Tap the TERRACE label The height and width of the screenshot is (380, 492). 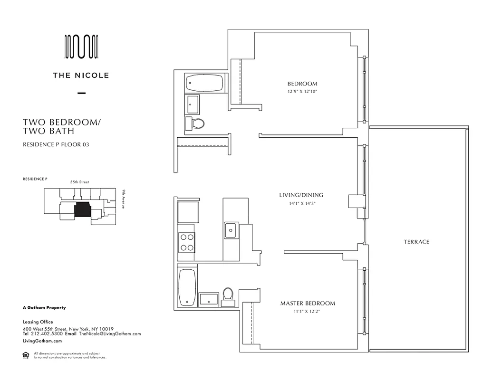[x=416, y=242]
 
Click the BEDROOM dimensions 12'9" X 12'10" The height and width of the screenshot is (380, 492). [x=302, y=91]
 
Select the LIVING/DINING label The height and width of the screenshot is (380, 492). [x=301, y=195]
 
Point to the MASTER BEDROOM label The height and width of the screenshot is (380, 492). [x=307, y=303]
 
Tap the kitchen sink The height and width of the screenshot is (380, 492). [x=231, y=230]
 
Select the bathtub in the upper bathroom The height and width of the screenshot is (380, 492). [x=203, y=83]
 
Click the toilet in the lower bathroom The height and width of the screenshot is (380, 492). [x=228, y=294]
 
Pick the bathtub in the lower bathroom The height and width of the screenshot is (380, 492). [x=187, y=287]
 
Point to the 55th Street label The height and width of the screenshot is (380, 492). [x=80, y=182]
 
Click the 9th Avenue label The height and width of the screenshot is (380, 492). [x=123, y=199]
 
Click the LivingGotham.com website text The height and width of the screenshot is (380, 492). [x=42, y=341]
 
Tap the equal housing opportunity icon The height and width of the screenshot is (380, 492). [x=26, y=354]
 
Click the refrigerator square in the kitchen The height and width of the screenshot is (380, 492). [x=187, y=212]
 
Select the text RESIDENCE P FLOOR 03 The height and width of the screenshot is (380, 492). [x=56, y=145]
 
